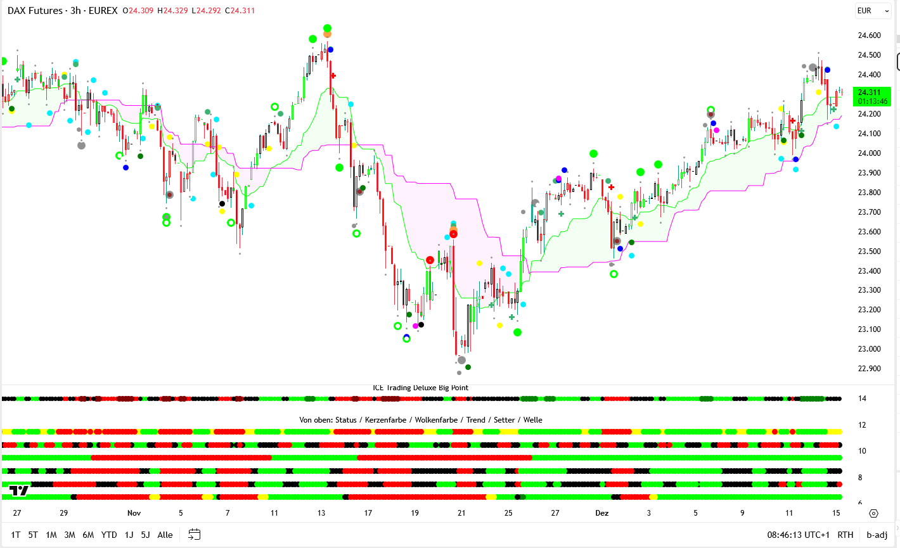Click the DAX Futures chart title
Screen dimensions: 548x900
click(x=62, y=11)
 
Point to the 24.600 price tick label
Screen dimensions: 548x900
click(x=869, y=35)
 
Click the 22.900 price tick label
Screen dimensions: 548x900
click(x=869, y=369)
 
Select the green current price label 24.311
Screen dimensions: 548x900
click(x=871, y=96)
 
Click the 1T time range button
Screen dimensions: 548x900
click(x=16, y=535)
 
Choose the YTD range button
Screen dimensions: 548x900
click(x=109, y=535)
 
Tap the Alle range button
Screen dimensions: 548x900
click(x=165, y=535)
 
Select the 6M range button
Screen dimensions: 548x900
click(x=88, y=535)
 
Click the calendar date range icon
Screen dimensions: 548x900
click(x=195, y=535)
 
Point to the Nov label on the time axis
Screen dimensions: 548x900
click(x=134, y=513)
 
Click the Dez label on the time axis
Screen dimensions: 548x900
click(x=601, y=513)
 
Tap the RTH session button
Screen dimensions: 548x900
click(x=845, y=535)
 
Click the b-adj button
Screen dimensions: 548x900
click(x=877, y=535)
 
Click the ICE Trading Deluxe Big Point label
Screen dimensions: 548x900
click(x=420, y=388)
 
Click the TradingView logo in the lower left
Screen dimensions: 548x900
click(x=19, y=490)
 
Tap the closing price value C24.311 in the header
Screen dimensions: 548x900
click(x=240, y=11)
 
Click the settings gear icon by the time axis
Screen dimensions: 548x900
click(x=873, y=513)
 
